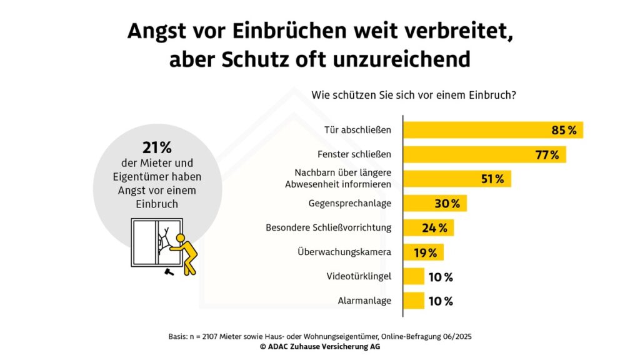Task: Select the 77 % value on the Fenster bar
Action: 547,155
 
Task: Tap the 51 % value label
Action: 492,179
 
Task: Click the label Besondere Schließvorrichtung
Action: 329,227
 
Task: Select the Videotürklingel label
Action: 359,276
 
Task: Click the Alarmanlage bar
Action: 413,301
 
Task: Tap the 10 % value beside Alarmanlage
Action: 441,301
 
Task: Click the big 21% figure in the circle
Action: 157,147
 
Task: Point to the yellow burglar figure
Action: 185,253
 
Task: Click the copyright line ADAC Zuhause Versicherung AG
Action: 319,346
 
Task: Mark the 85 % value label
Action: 564,130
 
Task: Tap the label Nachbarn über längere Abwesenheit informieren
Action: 338,179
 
